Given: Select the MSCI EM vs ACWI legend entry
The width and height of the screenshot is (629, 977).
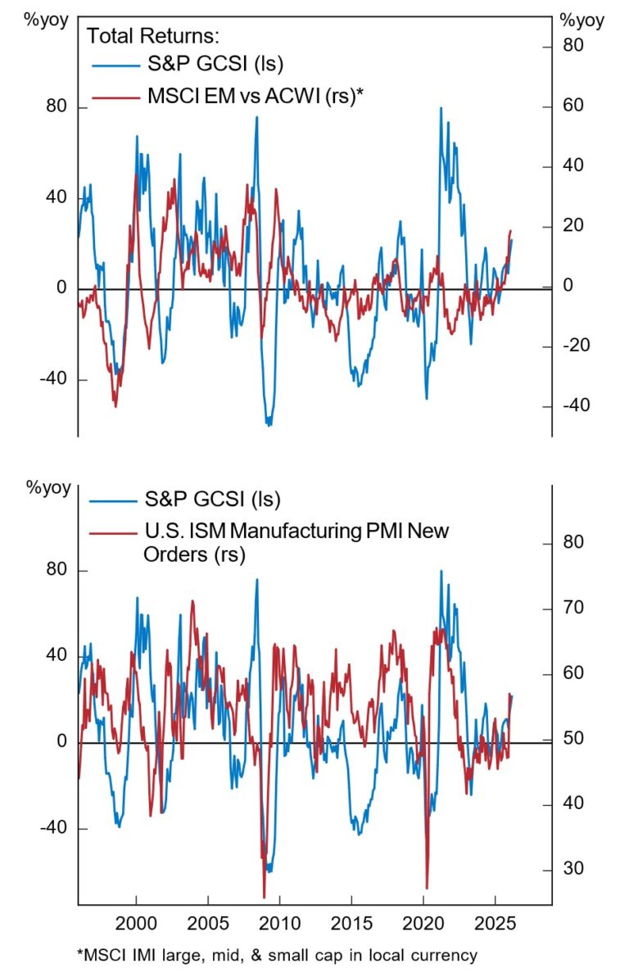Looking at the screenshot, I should click(x=255, y=96).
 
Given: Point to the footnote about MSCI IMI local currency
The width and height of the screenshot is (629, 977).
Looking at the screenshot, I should click(x=279, y=955).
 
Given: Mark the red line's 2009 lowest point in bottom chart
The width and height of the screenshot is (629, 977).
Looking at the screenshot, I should click(x=265, y=897).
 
